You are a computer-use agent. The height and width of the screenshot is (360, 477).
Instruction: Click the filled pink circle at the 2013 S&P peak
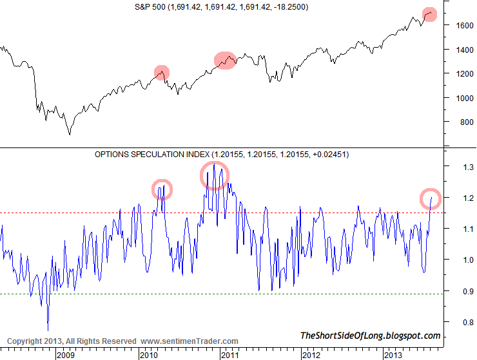click(x=430, y=14)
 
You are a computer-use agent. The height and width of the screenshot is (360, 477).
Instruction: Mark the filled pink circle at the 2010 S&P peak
click(x=162, y=72)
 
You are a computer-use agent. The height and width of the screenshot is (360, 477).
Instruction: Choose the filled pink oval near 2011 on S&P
click(x=224, y=61)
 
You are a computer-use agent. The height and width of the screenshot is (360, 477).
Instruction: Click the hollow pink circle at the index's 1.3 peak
click(x=214, y=175)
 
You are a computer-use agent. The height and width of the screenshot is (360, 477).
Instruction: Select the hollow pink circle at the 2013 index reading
click(x=431, y=198)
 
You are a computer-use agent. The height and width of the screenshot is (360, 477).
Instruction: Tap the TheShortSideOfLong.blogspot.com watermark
click(x=370, y=336)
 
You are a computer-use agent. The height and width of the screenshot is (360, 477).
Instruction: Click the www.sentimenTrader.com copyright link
click(x=189, y=341)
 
